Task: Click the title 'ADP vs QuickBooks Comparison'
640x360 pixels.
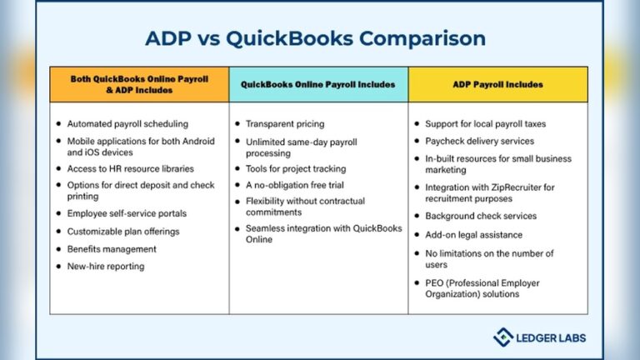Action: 315,38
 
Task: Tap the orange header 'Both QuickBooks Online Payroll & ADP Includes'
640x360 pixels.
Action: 139,84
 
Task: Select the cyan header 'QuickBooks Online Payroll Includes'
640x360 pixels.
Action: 318,84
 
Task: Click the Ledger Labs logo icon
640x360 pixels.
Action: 502,337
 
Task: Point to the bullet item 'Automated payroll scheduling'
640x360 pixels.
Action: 127,124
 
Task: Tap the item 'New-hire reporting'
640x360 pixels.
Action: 106,267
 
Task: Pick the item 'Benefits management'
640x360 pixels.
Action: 112,249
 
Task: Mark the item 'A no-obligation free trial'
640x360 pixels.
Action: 295,184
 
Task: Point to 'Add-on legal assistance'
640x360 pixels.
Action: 474,235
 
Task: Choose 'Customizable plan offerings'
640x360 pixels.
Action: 123,231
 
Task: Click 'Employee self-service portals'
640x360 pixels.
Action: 127,213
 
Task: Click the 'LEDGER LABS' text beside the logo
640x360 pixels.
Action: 550,337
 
